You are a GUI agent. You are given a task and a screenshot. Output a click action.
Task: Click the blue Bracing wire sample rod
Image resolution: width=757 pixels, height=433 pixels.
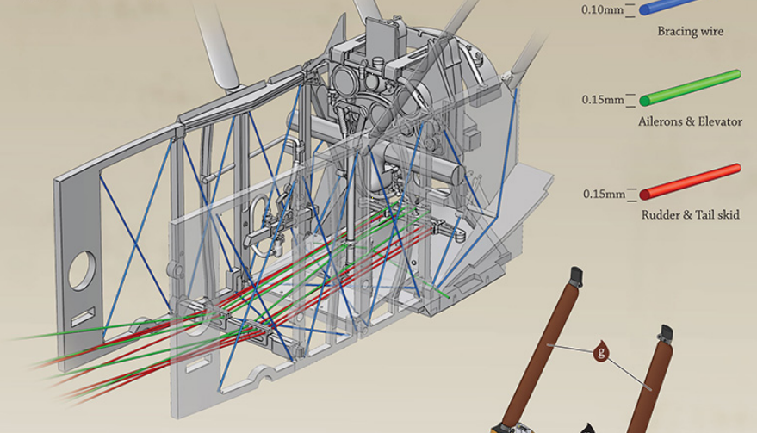click(668, 5)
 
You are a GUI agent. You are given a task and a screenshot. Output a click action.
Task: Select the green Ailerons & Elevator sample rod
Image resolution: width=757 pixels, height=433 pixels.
click(691, 87)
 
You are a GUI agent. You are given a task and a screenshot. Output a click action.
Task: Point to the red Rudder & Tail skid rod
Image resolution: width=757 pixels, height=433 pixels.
click(691, 182)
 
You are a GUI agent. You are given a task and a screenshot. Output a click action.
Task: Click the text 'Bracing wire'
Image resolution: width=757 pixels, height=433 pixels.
click(691, 31)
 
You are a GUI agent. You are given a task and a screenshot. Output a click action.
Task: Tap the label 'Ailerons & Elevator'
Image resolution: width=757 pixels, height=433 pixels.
click(690, 121)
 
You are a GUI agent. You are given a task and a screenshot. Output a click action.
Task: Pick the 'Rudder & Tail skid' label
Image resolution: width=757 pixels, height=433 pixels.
click(691, 215)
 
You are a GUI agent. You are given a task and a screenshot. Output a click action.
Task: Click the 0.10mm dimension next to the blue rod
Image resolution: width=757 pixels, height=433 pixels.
click(603, 9)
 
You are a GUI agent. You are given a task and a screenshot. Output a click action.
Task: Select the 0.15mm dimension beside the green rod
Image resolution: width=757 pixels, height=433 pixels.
click(603, 100)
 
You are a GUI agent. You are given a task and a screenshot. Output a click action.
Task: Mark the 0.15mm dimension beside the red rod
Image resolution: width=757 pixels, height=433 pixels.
click(604, 194)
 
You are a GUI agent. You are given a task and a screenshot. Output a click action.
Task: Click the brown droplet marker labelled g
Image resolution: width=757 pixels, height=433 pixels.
click(601, 351)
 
